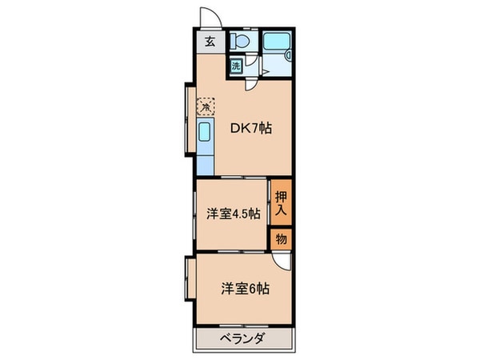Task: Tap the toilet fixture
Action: [240, 42]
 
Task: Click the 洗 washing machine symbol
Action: [236, 67]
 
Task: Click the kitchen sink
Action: [205, 134]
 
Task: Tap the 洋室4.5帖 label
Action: [233, 214]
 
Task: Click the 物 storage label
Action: [281, 238]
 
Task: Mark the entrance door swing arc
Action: [207, 18]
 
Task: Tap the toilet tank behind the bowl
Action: [240, 34]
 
